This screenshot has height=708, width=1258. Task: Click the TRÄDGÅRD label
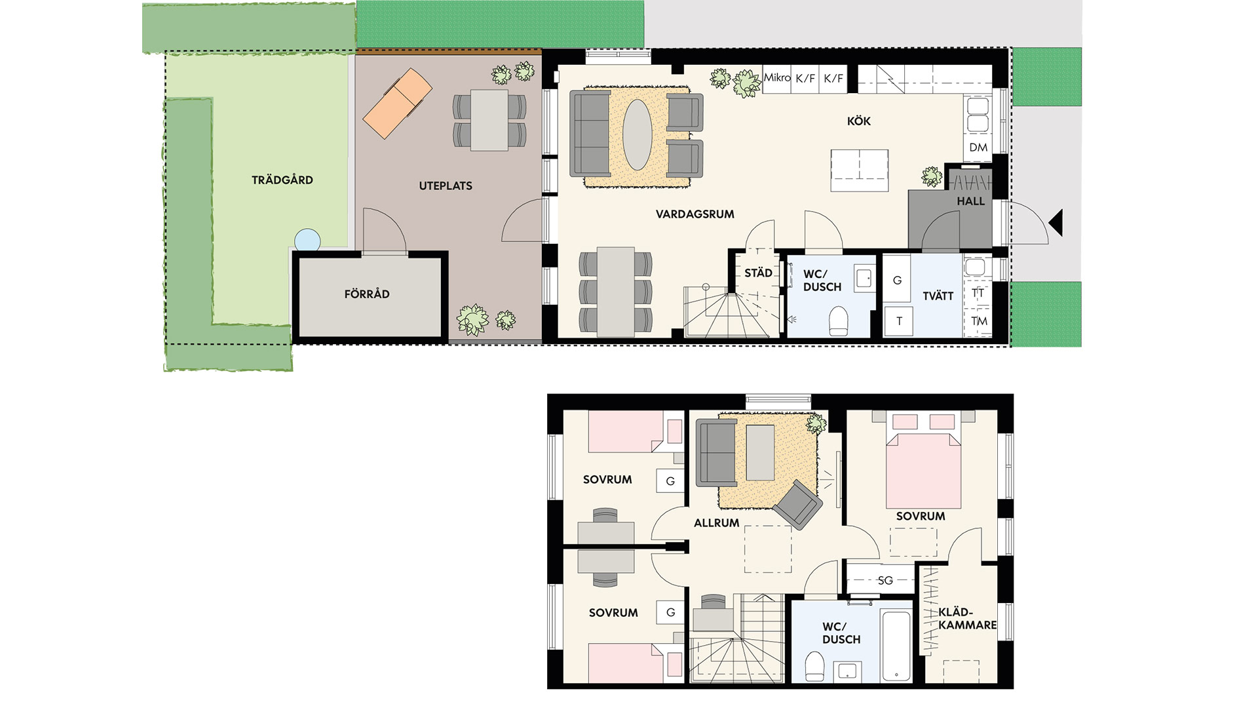click(x=282, y=180)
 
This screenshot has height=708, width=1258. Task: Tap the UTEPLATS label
click(x=446, y=186)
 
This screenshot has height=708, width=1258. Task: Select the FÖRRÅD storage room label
click(x=367, y=294)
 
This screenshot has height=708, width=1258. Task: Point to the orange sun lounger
click(x=397, y=104)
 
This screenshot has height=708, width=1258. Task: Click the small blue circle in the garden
click(x=307, y=240)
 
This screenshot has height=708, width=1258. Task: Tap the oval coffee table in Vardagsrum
click(x=637, y=134)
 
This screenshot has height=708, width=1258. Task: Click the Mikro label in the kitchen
click(x=777, y=77)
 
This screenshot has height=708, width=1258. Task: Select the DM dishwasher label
click(x=978, y=147)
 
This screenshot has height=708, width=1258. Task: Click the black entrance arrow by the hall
click(x=1055, y=223)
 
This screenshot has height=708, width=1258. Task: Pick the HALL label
click(x=971, y=201)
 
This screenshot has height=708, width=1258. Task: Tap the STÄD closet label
click(x=758, y=272)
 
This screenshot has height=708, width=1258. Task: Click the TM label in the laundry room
click(x=979, y=321)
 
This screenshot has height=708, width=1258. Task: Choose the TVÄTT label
click(x=938, y=296)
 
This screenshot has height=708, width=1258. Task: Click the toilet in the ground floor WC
click(x=839, y=321)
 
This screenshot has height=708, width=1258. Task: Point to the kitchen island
click(x=860, y=170)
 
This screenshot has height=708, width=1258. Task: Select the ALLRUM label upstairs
click(x=717, y=522)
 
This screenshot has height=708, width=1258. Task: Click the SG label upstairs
click(x=885, y=580)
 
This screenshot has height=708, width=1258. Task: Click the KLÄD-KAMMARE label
click(x=967, y=619)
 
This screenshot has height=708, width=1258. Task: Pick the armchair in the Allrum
click(x=797, y=504)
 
